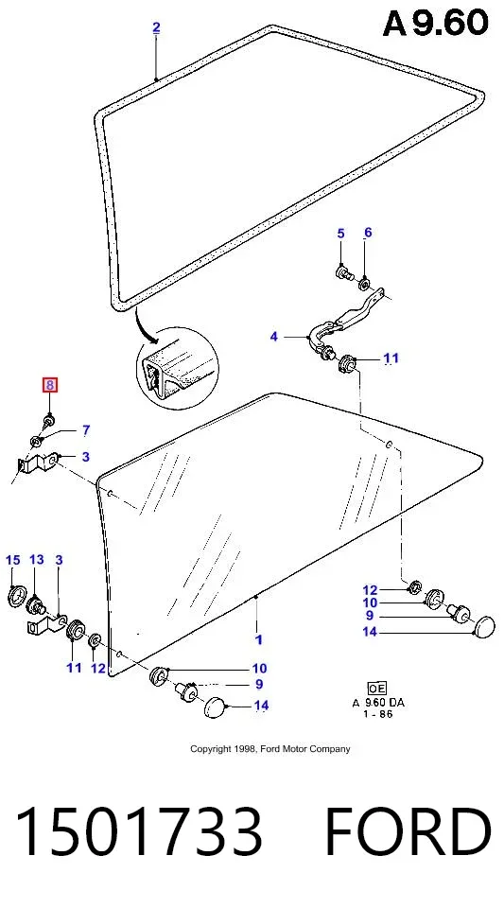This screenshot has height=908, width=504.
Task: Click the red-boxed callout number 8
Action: pyautogui.click(x=49, y=385)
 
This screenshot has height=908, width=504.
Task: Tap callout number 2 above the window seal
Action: pyautogui.click(x=156, y=27)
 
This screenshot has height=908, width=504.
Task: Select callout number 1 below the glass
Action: pyautogui.click(x=259, y=639)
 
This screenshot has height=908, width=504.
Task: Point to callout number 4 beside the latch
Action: pyautogui.click(x=273, y=336)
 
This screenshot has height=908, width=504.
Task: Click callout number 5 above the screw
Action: pyautogui.click(x=340, y=234)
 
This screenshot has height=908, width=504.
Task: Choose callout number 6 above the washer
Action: pyautogui.click(x=368, y=233)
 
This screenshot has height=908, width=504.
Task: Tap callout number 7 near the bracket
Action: pyautogui.click(x=86, y=430)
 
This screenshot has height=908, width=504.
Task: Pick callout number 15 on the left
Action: pyautogui.click(x=12, y=560)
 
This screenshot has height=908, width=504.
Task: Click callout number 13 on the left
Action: pyautogui.click(x=37, y=560)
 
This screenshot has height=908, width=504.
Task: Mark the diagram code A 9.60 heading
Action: pyautogui.click(x=436, y=24)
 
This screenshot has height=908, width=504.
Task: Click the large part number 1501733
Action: pyautogui.click(x=139, y=831)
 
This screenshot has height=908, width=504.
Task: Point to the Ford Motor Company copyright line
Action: pyautogui.click(x=270, y=749)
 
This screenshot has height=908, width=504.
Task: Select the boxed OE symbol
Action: pyautogui.click(x=376, y=688)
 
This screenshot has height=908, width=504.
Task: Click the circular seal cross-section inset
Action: pyautogui.click(x=178, y=366)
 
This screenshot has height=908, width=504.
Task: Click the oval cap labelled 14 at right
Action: pyautogui.click(x=484, y=626)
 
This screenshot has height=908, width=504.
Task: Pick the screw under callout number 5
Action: pyautogui.click(x=344, y=271)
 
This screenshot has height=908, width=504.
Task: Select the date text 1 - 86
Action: pyautogui.click(x=378, y=714)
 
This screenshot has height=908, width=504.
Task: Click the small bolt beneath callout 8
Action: pyautogui.click(x=48, y=421)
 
